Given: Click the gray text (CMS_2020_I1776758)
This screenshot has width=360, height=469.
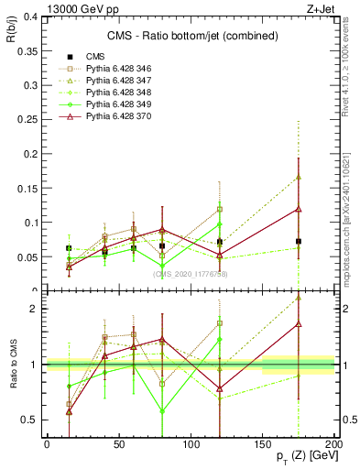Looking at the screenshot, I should tap(191, 273).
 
